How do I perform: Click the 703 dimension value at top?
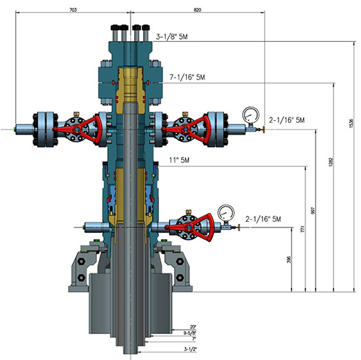tap(73, 10)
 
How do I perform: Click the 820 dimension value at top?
tap(197, 10)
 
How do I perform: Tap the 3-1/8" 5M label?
tap(172, 36)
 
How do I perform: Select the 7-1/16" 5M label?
tap(187, 77)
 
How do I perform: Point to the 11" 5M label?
tap(179, 160)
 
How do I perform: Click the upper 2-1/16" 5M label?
tap(287, 120)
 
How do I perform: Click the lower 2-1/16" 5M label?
tap(263, 219)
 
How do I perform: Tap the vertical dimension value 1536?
tap(351, 123)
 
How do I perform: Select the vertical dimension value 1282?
tap(331, 162)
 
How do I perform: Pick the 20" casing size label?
tap(193, 327)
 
